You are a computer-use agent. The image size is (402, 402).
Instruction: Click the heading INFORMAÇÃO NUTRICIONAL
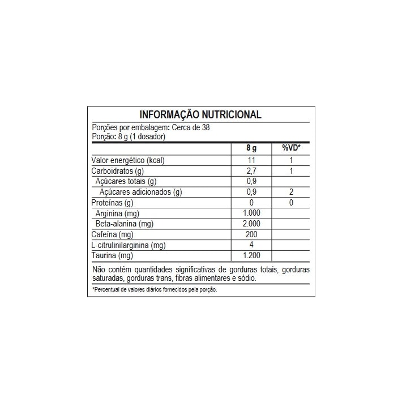(x=200, y=114)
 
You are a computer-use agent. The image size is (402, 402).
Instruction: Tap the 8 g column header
(x=251, y=148)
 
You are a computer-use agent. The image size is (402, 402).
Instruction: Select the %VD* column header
(x=291, y=148)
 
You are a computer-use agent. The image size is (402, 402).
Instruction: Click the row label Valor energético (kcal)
(x=128, y=160)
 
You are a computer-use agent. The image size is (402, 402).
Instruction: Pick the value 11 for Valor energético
(x=251, y=160)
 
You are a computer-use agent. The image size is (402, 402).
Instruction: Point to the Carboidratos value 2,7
(x=251, y=171)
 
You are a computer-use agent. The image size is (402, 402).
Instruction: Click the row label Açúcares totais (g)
(x=126, y=182)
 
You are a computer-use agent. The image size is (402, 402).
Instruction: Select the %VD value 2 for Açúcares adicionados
(x=291, y=193)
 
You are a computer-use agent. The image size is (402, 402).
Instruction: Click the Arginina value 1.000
(x=251, y=213)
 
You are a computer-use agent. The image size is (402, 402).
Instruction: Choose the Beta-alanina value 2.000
(x=251, y=224)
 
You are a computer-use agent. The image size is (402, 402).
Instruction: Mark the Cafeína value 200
(x=251, y=234)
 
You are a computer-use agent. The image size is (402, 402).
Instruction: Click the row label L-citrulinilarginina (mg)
(x=128, y=245)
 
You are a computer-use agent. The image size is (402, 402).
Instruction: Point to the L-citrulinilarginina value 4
(x=251, y=245)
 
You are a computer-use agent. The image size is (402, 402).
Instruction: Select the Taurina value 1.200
(x=251, y=256)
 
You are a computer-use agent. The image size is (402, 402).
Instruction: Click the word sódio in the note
(x=246, y=278)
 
